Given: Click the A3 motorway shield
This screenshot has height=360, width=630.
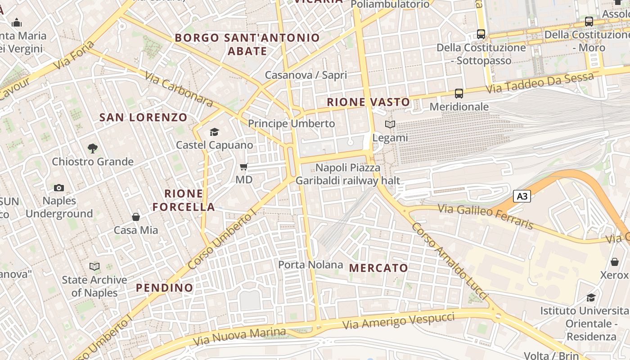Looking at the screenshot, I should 522,196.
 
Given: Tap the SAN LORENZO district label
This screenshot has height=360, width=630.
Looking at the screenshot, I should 143,117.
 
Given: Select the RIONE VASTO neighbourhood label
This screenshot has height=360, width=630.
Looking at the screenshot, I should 368,102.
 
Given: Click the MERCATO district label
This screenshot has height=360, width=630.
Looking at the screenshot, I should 378,268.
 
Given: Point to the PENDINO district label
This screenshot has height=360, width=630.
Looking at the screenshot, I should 164,288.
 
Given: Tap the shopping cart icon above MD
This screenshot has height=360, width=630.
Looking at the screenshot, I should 244,167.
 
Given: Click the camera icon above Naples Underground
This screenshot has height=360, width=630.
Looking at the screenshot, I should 59,188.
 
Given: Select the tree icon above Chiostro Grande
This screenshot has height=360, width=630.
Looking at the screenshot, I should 93,148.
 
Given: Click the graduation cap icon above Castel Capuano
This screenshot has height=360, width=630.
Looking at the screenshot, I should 214,132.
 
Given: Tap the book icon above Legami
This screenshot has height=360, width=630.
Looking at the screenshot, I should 390,125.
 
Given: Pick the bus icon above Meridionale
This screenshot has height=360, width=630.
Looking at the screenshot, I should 459,94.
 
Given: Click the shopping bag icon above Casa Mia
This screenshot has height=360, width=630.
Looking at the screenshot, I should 136,217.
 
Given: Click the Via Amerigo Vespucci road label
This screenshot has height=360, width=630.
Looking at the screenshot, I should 398,320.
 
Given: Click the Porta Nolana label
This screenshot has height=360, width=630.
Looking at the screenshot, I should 310,265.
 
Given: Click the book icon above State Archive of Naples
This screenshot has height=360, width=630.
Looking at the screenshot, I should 94,266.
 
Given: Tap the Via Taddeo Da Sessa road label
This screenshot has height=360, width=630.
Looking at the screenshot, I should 540,83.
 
